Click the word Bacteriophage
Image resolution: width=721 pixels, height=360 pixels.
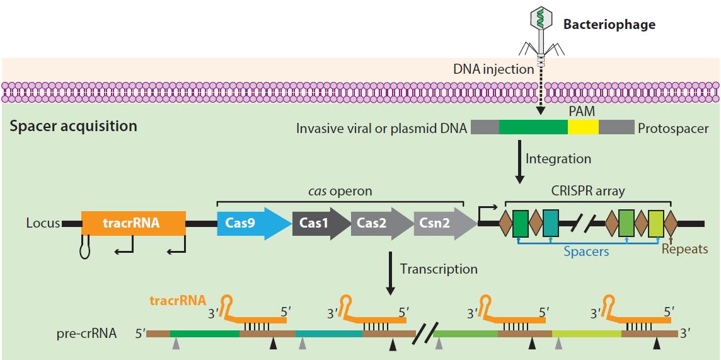click(608, 25)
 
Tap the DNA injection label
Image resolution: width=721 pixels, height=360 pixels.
click(493, 69)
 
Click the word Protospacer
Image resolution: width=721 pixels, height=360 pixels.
click(673, 129)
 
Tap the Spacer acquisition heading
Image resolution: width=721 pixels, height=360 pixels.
click(73, 126)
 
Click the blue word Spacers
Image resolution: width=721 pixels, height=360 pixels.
click(586, 251)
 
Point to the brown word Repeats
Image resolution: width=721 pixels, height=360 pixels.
click(684, 250)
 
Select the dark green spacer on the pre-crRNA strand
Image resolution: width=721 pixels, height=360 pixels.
click(204, 333)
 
